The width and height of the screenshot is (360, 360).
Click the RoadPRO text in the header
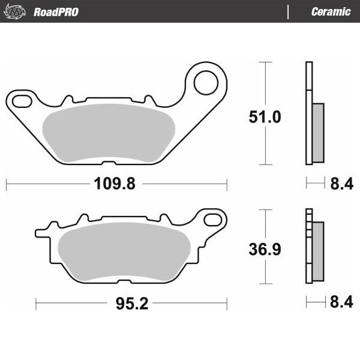(x=56, y=12)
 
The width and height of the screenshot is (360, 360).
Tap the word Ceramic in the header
(x=331, y=12)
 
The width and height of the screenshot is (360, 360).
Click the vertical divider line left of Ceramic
(x=289, y=12)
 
